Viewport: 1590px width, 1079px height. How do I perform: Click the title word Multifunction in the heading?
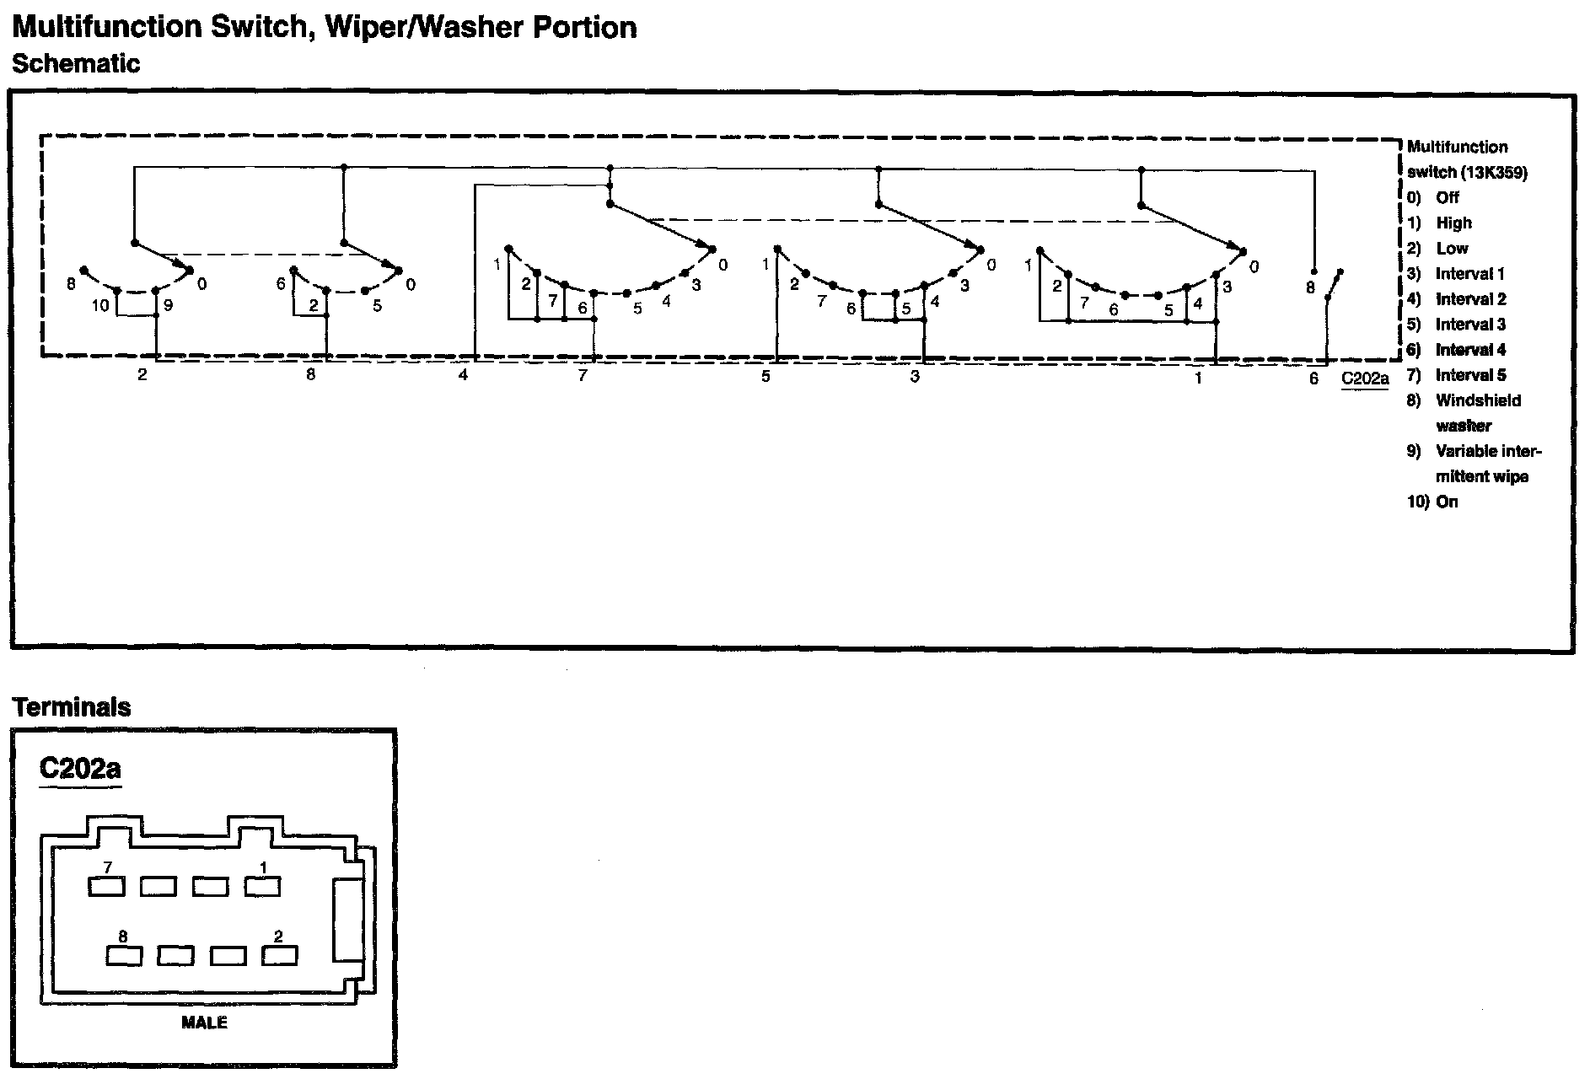pyautogui.click(x=108, y=27)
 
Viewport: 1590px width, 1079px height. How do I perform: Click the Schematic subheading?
pyautogui.click(x=75, y=64)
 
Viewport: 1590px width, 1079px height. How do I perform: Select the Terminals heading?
pyautogui.click(x=73, y=706)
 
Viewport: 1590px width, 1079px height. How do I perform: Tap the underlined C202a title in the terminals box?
pyautogui.click(x=80, y=769)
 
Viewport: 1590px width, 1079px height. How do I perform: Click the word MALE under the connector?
pyautogui.click(x=204, y=1023)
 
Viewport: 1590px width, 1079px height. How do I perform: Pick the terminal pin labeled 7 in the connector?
pyautogui.click(x=107, y=886)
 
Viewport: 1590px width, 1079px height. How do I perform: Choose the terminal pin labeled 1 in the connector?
pyautogui.click(x=263, y=886)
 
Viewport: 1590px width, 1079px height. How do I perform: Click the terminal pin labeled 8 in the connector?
pyautogui.click(x=124, y=955)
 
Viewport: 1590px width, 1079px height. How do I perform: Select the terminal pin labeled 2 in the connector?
pyautogui.click(x=280, y=955)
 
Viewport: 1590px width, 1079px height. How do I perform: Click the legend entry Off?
pyautogui.click(x=1448, y=198)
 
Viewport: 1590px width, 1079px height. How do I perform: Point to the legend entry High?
pyautogui.click(x=1453, y=223)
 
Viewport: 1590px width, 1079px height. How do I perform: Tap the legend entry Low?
pyautogui.click(x=1452, y=249)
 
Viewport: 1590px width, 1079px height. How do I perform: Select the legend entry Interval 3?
pyautogui.click(x=1470, y=325)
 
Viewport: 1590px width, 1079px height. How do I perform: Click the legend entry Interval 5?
pyautogui.click(x=1470, y=375)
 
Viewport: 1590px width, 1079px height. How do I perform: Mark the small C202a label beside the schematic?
pyautogui.click(x=1365, y=378)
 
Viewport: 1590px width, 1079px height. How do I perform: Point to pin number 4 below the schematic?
pyautogui.click(x=464, y=376)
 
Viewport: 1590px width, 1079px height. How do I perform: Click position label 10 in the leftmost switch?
pyautogui.click(x=100, y=305)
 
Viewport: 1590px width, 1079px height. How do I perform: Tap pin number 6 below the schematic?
pyautogui.click(x=1313, y=379)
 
